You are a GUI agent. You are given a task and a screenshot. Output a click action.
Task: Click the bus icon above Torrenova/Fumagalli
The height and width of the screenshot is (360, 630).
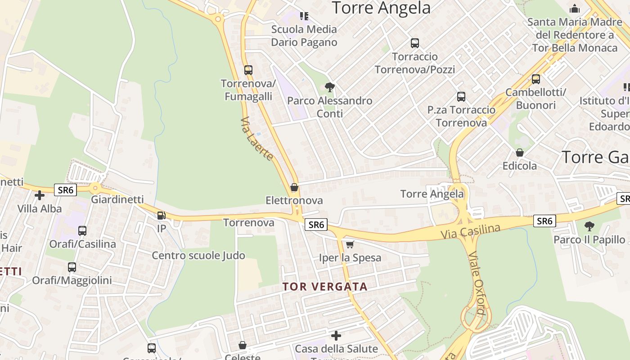click(x=248, y=70)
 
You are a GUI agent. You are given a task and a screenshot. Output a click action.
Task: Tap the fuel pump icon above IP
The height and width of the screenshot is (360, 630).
click(x=161, y=215)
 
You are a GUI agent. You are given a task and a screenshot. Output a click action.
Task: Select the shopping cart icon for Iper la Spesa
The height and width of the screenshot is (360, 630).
click(x=350, y=244)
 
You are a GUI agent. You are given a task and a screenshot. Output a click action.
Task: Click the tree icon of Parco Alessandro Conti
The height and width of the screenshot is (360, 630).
click(x=330, y=87)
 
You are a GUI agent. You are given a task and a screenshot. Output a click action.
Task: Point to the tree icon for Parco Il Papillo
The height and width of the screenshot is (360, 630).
click(x=589, y=226)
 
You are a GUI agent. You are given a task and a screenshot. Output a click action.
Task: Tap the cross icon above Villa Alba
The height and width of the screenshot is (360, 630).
click(x=40, y=195)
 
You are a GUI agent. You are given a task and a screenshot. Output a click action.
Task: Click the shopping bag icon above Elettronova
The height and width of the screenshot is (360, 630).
click(x=294, y=187)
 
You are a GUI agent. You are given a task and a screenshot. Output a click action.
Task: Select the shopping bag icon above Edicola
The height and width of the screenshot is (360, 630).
click(x=520, y=153)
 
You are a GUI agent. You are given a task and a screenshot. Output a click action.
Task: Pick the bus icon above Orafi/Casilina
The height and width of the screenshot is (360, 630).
click(x=82, y=231)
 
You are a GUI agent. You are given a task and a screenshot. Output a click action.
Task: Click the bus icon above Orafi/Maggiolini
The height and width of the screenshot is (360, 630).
click(x=72, y=267)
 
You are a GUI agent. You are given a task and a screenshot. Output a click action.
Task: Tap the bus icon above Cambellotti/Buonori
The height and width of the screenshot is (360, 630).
click(x=535, y=79)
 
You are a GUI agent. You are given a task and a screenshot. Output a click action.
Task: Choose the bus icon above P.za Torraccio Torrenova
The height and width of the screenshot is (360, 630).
click(x=461, y=97)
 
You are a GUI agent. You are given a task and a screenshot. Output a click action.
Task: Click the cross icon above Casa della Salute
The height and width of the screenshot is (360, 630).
click(x=336, y=336)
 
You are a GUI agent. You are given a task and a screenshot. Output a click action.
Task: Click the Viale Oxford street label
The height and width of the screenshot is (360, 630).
click(x=477, y=283)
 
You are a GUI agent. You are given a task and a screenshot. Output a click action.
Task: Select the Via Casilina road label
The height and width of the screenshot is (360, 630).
click(x=470, y=231)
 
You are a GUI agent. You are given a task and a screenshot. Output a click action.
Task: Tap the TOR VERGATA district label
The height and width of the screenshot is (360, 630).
click(x=325, y=287)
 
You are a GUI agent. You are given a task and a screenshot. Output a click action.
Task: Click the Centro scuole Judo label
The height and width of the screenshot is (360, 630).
click(x=198, y=256)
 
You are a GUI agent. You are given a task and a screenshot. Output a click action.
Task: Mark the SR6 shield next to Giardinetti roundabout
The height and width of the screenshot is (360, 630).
click(x=65, y=190)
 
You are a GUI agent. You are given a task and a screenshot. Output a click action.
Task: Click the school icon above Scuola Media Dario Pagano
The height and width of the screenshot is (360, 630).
click(x=304, y=16)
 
